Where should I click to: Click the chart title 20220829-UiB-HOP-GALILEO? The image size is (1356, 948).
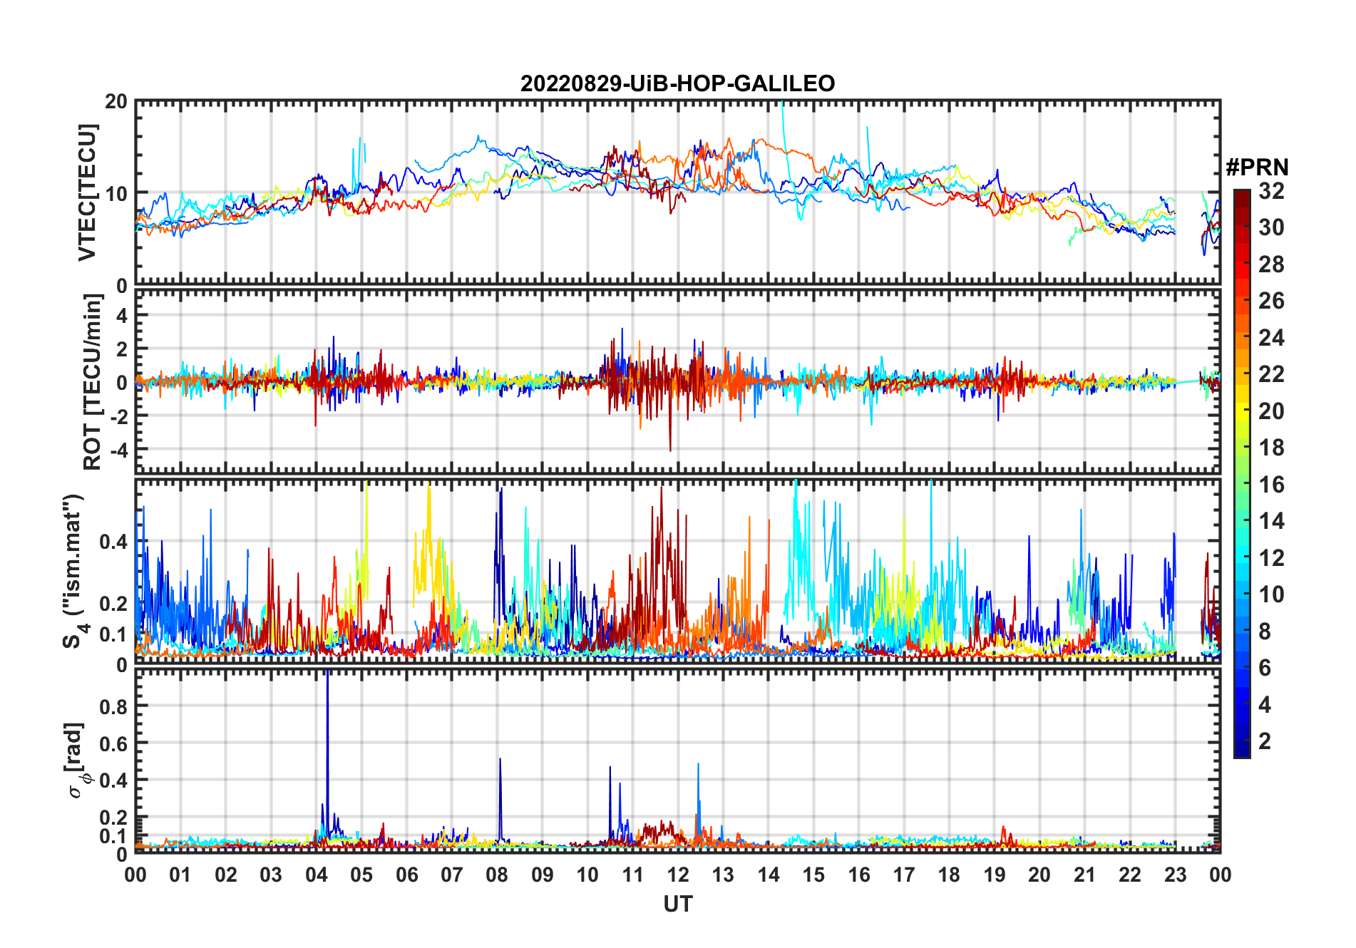(677, 84)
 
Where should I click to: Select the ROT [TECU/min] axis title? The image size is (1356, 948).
(93, 382)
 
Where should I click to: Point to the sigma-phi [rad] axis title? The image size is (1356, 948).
(76, 761)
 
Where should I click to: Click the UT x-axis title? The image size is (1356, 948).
(677, 905)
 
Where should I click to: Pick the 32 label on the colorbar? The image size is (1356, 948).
(1271, 191)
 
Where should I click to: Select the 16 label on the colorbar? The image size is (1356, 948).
(1271, 485)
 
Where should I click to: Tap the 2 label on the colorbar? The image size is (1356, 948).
(1265, 741)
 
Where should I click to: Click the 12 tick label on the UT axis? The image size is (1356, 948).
(677, 875)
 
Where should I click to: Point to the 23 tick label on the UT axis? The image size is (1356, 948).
(1175, 875)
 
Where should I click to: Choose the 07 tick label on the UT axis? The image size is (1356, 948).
(451, 875)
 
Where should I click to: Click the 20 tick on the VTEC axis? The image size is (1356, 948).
(116, 102)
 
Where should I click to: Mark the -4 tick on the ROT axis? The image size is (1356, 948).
(118, 450)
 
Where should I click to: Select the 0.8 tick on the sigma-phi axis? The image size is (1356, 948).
(113, 706)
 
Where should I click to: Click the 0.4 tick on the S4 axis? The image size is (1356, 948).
(113, 542)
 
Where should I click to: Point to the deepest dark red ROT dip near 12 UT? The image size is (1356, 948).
(670, 449)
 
